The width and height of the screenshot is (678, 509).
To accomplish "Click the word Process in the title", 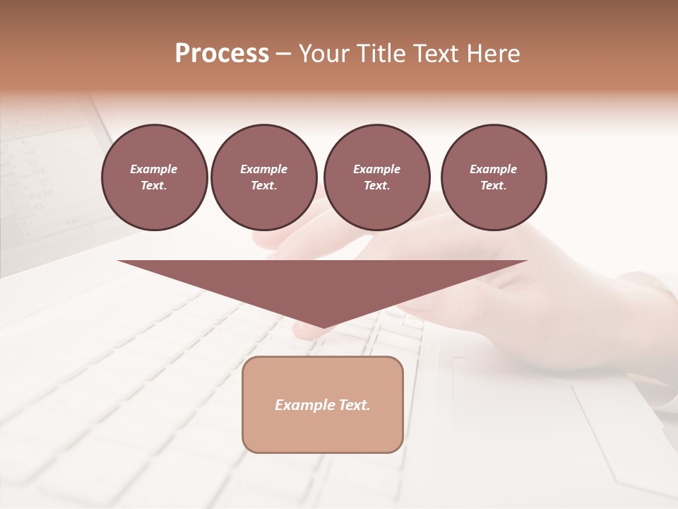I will click(222, 54).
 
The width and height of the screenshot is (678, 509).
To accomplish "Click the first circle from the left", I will click(154, 177).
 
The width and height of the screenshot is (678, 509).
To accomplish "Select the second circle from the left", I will click(263, 177).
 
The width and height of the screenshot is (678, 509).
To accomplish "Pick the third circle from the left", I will click(376, 177).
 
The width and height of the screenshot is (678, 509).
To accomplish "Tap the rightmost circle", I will click(493, 177).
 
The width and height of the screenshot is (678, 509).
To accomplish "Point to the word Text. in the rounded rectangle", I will click(354, 405).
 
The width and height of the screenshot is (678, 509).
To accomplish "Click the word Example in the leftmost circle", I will click(154, 169).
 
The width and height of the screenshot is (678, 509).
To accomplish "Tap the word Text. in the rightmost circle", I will click(493, 186).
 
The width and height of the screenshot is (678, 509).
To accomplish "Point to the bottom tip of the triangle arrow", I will click(322, 327).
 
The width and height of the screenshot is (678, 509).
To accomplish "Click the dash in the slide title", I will click(283, 54).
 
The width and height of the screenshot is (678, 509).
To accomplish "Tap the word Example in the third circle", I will click(376, 169).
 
